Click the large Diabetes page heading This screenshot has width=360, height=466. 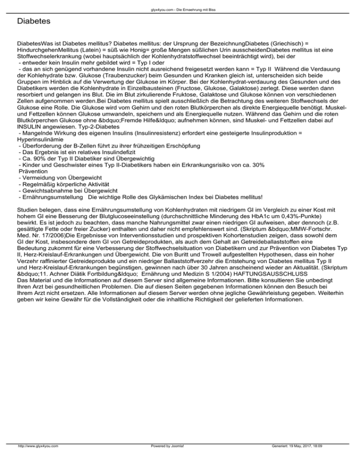33,22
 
